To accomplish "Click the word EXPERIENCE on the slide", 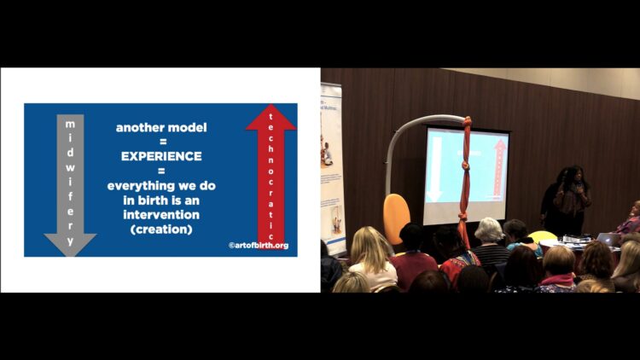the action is point(161,156).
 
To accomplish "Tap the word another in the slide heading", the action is point(136,127).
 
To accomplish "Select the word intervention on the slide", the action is point(161,215).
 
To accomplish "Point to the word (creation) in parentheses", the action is point(161,229).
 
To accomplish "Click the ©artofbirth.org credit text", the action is point(259,246).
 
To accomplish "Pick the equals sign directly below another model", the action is point(163,142).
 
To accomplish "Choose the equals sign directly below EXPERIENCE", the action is point(161,171).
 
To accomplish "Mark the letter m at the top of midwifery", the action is point(70,124).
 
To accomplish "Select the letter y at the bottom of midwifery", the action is point(70,241).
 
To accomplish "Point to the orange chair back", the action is point(396,218).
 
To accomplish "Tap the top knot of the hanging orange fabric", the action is point(468,121).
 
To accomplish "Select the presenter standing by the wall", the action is point(572,200).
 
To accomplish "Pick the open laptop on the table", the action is point(608,239).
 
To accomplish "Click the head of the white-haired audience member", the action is point(489,230).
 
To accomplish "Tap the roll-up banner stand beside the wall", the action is point(333,167).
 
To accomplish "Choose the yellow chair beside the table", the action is point(543,236).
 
